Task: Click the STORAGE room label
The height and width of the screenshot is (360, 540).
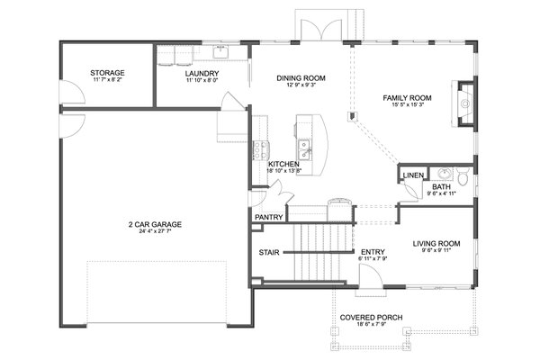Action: pyautogui.click(x=107, y=73)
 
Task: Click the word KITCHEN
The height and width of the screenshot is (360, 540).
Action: pyautogui.click(x=283, y=164)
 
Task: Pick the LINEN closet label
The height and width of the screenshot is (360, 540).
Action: pyautogui.click(x=413, y=175)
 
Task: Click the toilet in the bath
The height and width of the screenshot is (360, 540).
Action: pyautogui.click(x=463, y=175)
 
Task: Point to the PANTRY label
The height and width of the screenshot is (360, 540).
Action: pyautogui.click(x=269, y=217)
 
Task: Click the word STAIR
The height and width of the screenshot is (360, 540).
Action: pyautogui.click(x=268, y=252)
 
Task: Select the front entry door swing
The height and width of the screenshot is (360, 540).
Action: pyautogui.click(x=369, y=287)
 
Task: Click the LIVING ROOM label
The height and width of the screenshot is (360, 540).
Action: pyautogui.click(x=436, y=243)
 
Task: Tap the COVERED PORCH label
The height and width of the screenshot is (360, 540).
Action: pyautogui.click(x=371, y=318)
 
